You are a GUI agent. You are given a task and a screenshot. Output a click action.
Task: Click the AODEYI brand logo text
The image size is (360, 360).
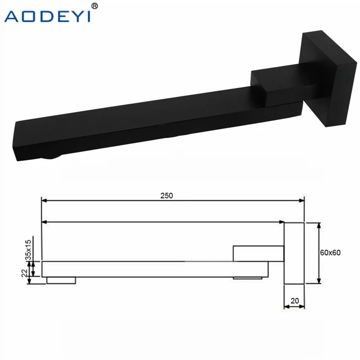[x=47, y=16]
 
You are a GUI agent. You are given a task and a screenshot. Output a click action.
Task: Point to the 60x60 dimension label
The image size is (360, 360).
[x=331, y=252]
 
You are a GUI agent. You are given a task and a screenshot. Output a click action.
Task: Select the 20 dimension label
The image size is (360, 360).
[x=294, y=300]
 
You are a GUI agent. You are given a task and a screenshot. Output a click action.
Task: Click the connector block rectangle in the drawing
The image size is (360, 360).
[x=258, y=253]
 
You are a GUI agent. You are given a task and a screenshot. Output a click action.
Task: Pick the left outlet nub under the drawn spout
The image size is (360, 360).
[x=61, y=280]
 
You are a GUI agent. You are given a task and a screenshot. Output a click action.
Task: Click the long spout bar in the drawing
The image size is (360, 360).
[x=153, y=268]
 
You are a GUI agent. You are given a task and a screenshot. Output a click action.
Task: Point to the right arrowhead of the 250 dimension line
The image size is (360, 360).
[x=302, y=201]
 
